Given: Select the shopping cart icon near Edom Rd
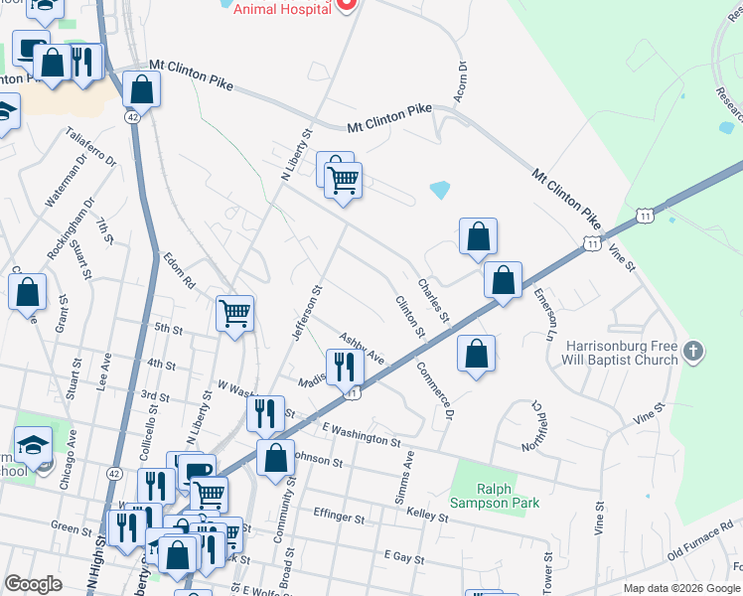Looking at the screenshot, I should (x=235, y=314).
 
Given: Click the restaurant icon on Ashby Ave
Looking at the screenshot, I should (x=345, y=367).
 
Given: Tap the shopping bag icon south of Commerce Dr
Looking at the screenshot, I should (x=477, y=354).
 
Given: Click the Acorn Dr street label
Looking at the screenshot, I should (x=461, y=78).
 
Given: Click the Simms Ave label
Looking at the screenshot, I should (x=407, y=476).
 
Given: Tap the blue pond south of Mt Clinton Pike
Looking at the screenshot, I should (x=439, y=189).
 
